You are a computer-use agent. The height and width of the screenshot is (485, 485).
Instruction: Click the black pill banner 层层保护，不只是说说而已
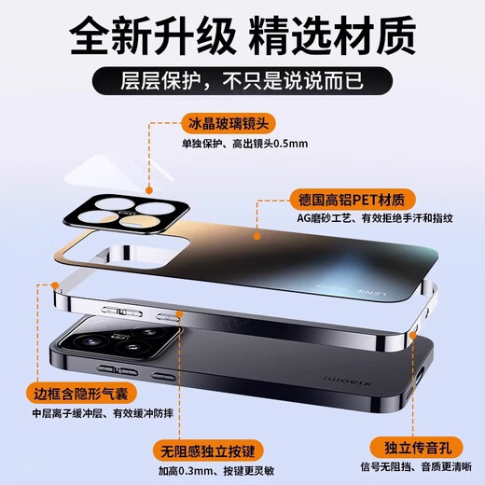242,80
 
